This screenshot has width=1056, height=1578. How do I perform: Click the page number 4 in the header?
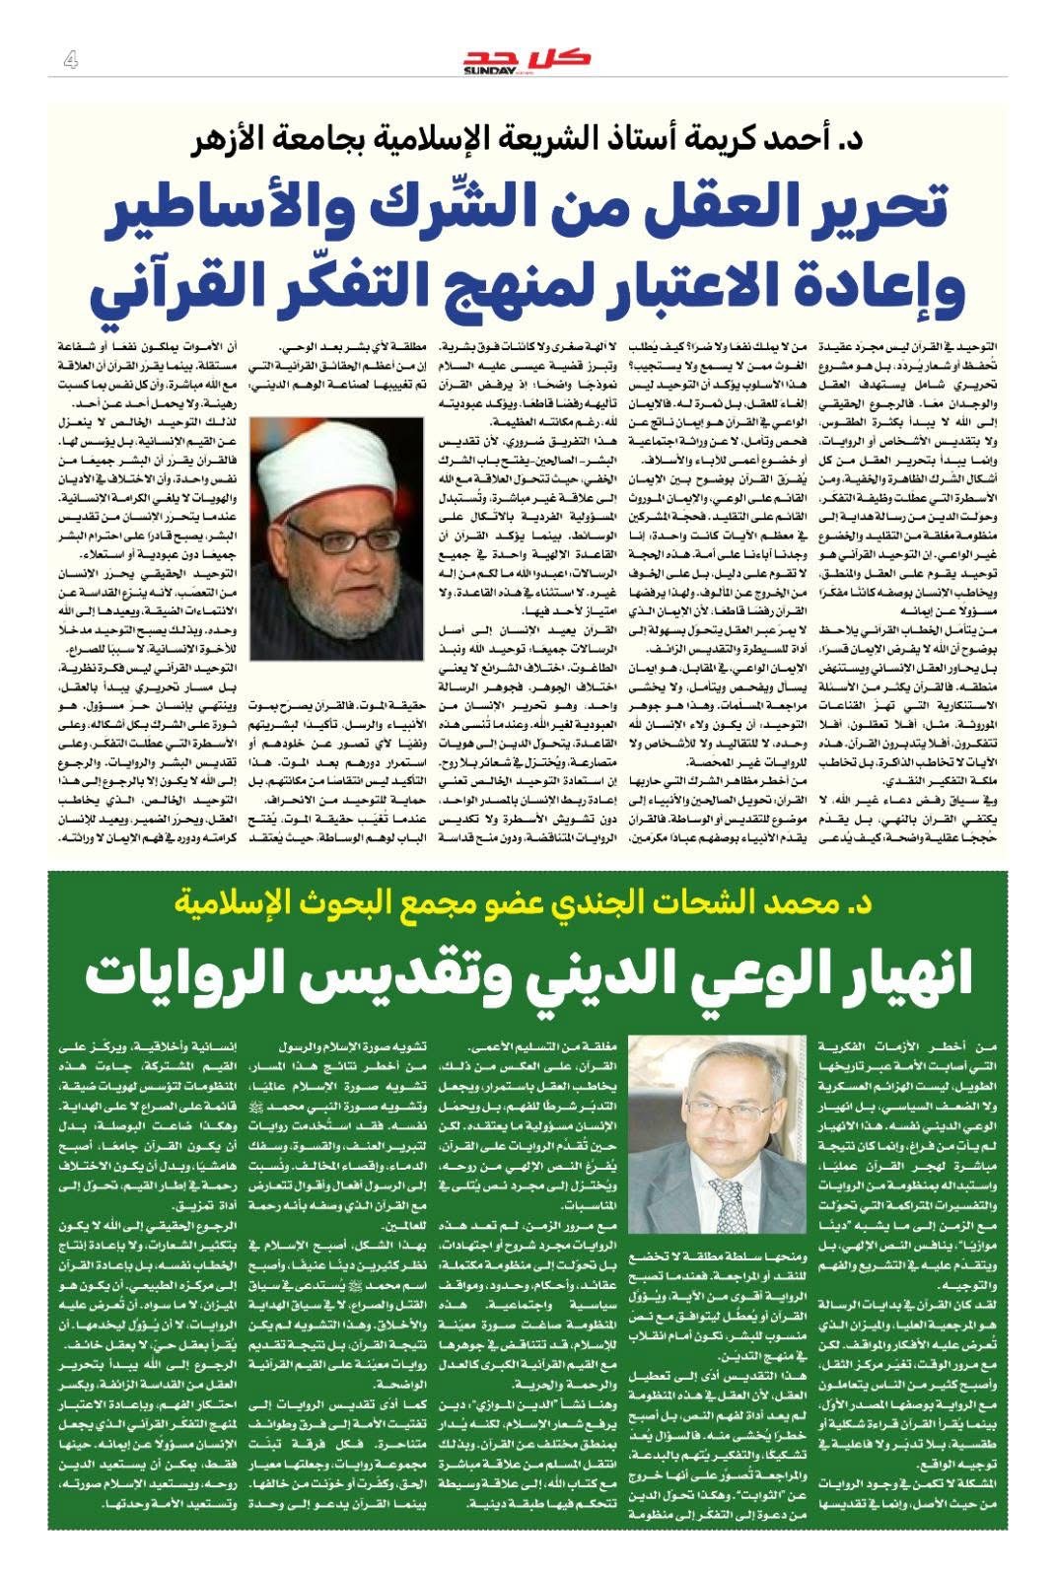click(x=70, y=61)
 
